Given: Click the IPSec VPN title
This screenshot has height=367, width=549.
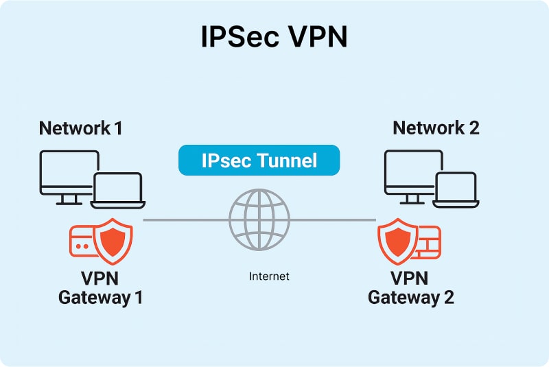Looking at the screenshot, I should pyautogui.click(x=274, y=38).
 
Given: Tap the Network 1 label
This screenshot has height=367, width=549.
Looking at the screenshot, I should pyautogui.click(x=80, y=128).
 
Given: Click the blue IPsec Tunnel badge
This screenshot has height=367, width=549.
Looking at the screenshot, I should pyautogui.click(x=259, y=161).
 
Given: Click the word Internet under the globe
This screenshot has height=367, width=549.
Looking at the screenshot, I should pyautogui.click(x=269, y=276).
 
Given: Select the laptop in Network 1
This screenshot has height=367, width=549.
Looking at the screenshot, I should pyautogui.click(x=117, y=190).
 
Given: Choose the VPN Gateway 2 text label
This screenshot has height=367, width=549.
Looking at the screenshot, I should pyautogui.click(x=410, y=288).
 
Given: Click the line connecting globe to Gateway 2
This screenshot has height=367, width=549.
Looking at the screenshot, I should pyautogui.click(x=333, y=220).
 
